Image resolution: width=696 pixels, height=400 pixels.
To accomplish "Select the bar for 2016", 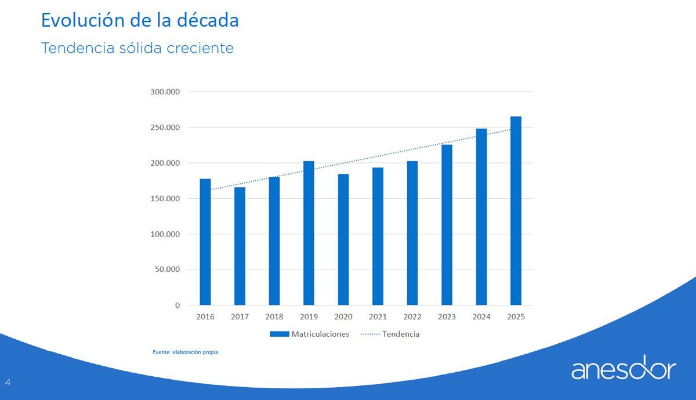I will point(205,242).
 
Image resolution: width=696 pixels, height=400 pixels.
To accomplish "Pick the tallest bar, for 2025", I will point(516,211).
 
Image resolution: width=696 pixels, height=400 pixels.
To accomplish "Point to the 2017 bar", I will point(240,246).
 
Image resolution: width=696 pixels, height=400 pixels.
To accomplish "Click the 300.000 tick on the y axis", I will point(165,92).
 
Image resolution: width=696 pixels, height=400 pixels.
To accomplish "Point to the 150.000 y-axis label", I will point(165,199).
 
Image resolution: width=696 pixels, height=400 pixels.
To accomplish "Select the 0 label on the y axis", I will point(177,306).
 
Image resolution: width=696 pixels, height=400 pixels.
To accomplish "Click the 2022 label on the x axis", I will point(412,317).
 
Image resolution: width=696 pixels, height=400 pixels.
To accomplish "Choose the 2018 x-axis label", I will point(274,317).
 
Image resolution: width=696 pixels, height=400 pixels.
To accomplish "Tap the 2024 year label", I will point(481,317).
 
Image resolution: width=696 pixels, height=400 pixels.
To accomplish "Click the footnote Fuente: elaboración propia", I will point(186,352).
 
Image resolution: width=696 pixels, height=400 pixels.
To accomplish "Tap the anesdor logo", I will point(623,368).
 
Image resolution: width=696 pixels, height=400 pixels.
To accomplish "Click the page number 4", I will point(8,382).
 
